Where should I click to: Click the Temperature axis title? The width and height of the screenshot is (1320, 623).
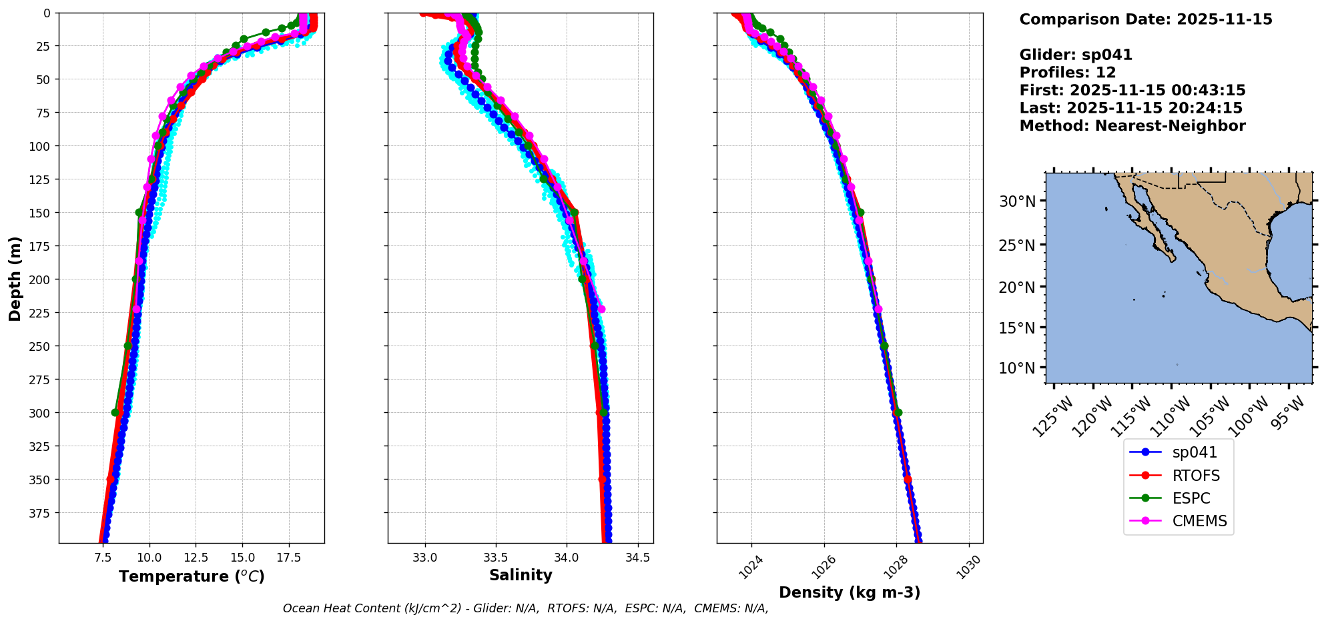click(192, 576)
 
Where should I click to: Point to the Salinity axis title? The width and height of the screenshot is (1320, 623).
click(521, 575)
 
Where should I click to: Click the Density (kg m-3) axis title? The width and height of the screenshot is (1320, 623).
click(850, 592)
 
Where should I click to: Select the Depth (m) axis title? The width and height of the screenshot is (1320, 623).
click(15, 278)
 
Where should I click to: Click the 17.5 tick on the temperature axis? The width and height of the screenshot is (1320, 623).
click(288, 557)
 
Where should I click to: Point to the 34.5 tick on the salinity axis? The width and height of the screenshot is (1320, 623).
click(637, 557)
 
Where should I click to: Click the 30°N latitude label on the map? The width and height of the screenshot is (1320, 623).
click(1017, 201)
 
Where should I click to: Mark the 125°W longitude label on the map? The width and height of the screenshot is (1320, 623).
click(1053, 417)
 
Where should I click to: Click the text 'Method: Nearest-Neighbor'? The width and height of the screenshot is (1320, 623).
click(1132, 126)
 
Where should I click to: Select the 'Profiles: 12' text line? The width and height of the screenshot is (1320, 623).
click(1067, 73)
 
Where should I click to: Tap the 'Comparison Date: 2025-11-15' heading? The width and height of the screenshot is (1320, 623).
click(1145, 19)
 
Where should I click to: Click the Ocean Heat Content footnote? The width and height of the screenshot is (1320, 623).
click(525, 608)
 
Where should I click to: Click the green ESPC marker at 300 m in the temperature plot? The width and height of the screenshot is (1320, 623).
click(115, 412)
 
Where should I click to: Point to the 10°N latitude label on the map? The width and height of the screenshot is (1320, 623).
click(1017, 368)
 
